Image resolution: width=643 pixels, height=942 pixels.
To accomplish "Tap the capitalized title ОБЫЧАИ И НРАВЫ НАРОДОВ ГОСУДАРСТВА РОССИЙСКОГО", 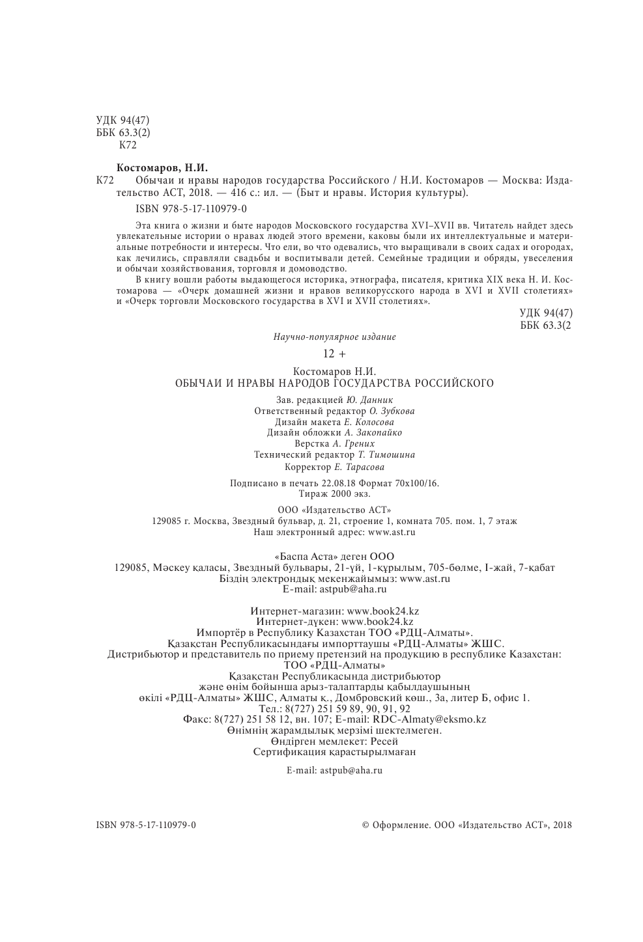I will point(334,383).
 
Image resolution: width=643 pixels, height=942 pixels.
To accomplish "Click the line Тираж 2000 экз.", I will point(334,493).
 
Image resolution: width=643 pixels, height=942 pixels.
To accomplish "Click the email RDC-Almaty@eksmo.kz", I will point(429,719).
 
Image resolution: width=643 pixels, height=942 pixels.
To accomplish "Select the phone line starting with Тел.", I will point(334,708).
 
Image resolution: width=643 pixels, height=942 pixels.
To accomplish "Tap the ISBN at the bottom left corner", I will point(146,825).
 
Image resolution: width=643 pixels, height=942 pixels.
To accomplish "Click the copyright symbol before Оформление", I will point(365,825).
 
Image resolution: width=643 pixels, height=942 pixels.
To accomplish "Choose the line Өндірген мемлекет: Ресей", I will point(334,741).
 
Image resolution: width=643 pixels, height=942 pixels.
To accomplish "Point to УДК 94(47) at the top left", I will point(123,120).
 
